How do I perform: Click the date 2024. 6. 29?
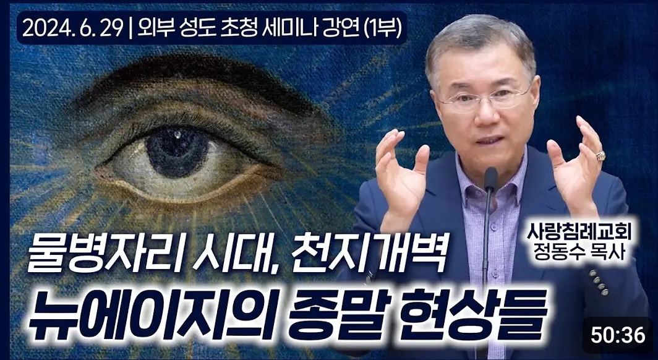[71, 28]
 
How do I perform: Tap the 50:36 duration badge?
[618, 335]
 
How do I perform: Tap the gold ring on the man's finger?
[600, 156]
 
